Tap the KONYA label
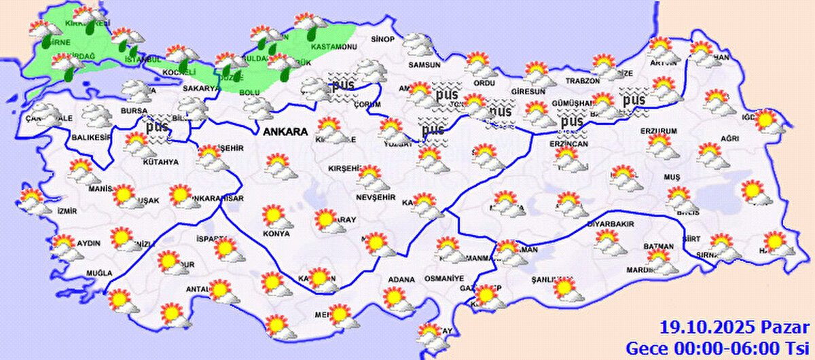(x=276, y=234)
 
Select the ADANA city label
(x=401, y=278)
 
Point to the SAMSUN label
(x=424, y=65)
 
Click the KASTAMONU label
(x=333, y=48)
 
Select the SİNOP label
(x=382, y=39)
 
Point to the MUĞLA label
(x=98, y=273)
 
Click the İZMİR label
(x=67, y=211)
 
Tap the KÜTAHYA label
(x=160, y=162)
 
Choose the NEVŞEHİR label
(x=375, y=197)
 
